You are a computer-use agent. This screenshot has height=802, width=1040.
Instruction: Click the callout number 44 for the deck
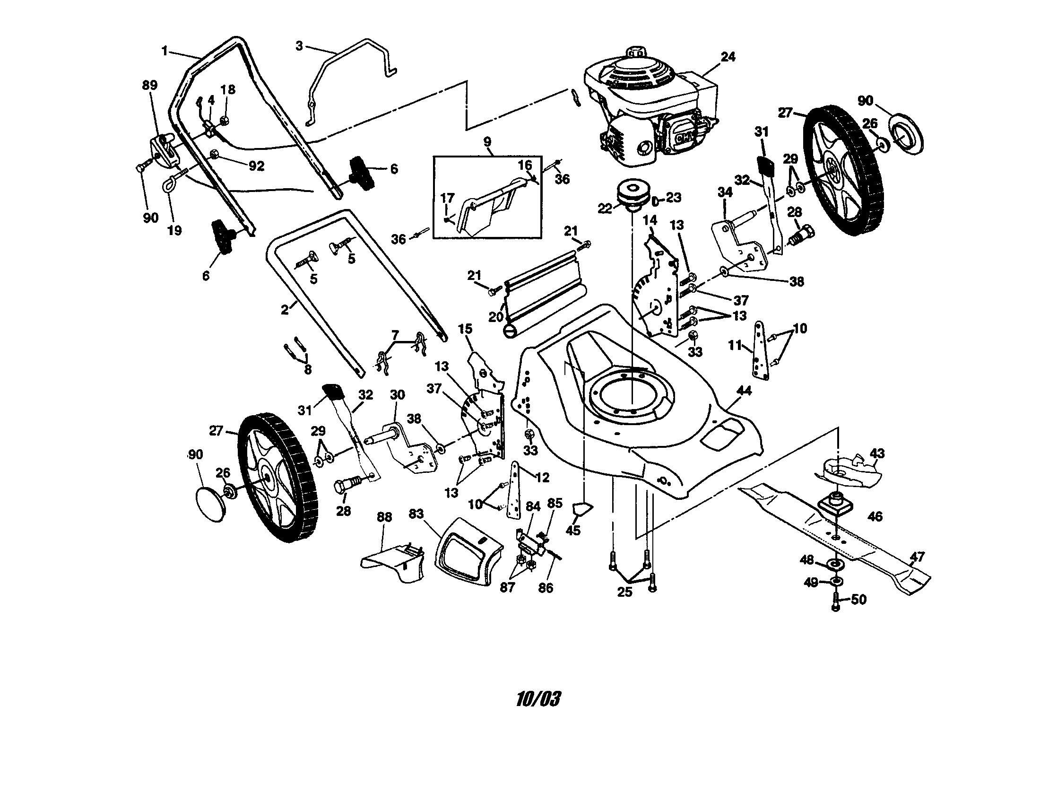click(x=744, y=391)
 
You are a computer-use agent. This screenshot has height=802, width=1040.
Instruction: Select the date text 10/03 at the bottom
click(x=538, y=699)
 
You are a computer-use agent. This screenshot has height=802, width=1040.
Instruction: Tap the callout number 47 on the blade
click(x=917, y=556)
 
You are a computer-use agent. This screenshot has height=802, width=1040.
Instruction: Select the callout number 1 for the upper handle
click(x=165, y=51)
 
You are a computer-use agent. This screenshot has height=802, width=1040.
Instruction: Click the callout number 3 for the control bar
click(x=299, y=46)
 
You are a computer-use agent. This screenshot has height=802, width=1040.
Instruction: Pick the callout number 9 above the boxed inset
click(x=486, y=141)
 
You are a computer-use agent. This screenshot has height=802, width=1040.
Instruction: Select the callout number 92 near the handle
click(x=256, y=166)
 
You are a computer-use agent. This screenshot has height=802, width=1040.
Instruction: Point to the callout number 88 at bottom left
click(x=384, y=517)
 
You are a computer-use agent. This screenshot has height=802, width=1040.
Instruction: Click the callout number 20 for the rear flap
click(x=496, y=316)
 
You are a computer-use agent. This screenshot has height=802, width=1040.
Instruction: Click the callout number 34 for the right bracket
click(x=725, y=192)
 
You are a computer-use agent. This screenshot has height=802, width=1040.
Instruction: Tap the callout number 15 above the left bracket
click(x=465, y=329)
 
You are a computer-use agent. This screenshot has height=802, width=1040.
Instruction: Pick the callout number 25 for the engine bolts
click(x=624, y=592)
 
